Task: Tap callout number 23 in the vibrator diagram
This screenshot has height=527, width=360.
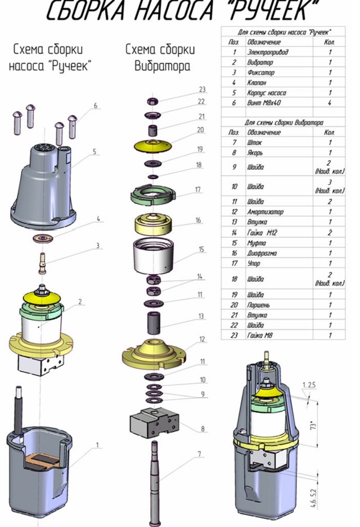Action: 202,89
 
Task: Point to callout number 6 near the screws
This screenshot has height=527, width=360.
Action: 96,105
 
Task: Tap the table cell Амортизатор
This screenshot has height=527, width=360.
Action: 264,211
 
